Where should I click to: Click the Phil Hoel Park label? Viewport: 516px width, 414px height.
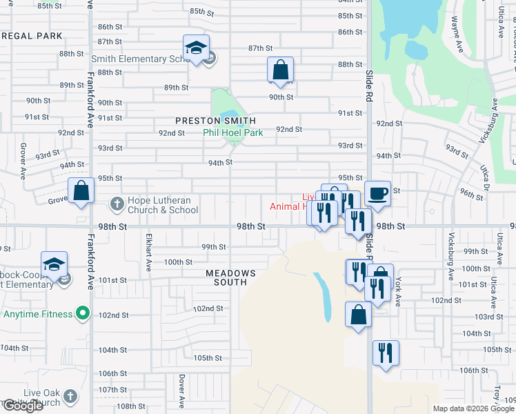[x=232, y=133]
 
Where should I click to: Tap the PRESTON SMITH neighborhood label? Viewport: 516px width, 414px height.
[x=210, y=121]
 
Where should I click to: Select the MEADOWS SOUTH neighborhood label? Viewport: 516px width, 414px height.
[x=230, y=277]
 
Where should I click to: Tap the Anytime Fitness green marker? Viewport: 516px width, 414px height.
[x=83, y=315]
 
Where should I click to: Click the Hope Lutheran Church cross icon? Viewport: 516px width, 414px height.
[x=117, y=205]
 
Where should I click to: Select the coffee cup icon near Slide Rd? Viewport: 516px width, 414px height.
[x=377, y=193]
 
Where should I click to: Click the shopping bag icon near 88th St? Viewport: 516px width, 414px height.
[x=280, y=70]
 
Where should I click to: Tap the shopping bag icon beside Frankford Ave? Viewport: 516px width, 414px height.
[x=81, y=191]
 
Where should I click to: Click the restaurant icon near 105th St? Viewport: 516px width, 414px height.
[x=386, y=353]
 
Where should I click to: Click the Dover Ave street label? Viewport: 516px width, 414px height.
[x=181, y=390]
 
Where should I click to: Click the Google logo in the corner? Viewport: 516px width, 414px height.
[x=22, y=406]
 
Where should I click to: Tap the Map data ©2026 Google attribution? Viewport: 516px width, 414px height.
[x=472, y=408]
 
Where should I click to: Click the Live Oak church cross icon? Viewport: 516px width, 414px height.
[x=70, y=397]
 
